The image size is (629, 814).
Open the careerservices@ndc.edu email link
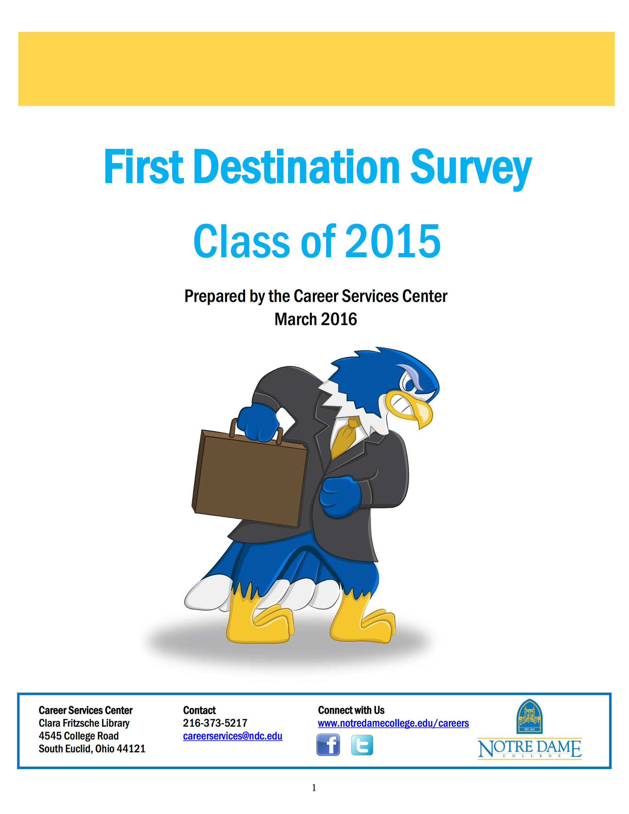233,736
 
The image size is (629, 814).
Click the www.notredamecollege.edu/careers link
393,723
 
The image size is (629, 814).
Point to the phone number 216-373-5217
215,723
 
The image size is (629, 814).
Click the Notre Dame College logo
529,730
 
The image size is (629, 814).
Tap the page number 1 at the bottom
314,787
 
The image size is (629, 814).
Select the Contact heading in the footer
199,710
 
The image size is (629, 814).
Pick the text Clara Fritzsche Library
84,723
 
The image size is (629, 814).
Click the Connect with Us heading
351,710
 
